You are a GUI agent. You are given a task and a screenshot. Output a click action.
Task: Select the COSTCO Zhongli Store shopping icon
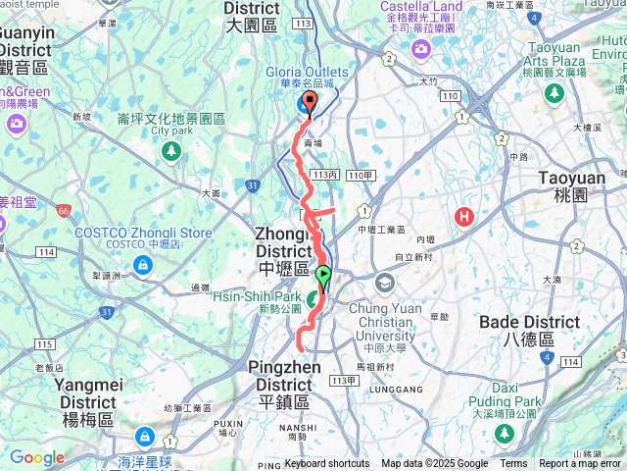pyautogui.click(x=144, y=265)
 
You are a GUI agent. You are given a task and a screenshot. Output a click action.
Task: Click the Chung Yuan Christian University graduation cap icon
pyautogui.click(x=384, y=285)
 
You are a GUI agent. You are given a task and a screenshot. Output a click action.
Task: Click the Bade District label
pyautogui.click(x=530, y=322)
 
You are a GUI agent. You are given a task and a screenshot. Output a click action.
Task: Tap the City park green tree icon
pyautogui.click(x=172, y=151)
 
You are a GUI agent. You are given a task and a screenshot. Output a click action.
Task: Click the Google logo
pyautogui.click(x=36, y=457)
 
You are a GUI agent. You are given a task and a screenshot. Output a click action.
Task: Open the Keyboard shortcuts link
pyautogui.click(x=327, y=464)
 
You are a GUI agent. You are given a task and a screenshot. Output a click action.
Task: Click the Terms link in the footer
pyautogui.click(x=513, y=464)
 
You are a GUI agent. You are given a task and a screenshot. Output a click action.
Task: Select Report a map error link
pyautogui.click(x=580, y=464)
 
